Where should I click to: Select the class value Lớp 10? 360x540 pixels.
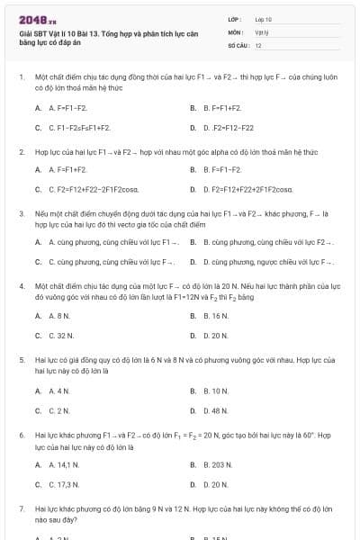coord(263,18)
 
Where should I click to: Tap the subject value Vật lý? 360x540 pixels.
coord(262,31)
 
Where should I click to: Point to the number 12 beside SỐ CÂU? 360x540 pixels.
coord(258,44)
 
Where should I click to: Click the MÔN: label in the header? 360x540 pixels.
coord(234,31)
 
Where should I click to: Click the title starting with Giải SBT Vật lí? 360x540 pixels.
coord(108,36)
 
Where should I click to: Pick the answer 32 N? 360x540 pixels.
coord(60,335)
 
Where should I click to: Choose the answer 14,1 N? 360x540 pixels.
coord(64,466)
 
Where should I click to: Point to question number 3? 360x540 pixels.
coord(21,213)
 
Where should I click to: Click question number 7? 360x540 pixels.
coord(21,509)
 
